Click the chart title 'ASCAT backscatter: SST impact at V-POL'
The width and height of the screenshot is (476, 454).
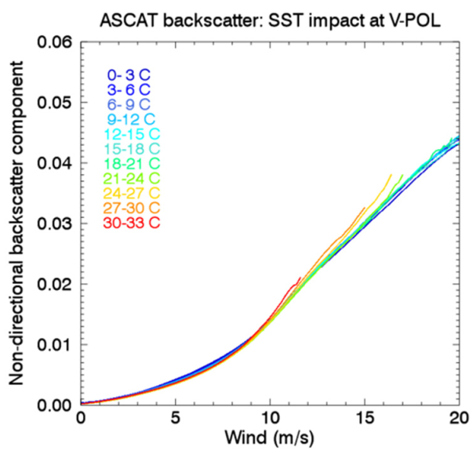point(269,16)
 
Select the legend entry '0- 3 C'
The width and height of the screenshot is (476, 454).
point(129,75)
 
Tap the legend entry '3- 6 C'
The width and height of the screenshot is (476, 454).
point(129,90)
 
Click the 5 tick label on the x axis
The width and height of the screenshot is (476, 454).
point(175,419)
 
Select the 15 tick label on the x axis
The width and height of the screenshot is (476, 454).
point(364,419)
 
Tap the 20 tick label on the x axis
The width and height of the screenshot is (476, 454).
point(457,419)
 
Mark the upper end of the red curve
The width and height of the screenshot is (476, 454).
point(300,277)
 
